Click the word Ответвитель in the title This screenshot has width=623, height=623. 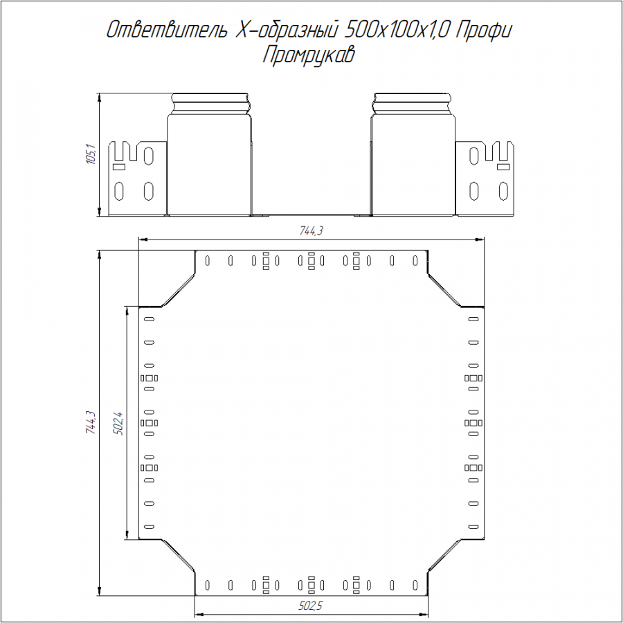168,30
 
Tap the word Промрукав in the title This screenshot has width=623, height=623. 308,55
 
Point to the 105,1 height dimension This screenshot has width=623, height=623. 91,154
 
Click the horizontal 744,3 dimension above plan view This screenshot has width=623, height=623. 311,231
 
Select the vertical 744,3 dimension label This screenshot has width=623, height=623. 91,422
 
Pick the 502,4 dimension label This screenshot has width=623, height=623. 118,424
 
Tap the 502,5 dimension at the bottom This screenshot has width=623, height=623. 311,606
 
